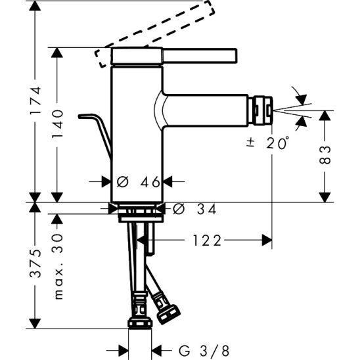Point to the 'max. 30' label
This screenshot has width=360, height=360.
coord(60,266)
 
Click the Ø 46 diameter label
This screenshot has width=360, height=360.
coord(138,182)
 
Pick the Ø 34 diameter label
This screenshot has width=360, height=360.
coord(194,209)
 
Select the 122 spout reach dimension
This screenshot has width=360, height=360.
coord(208,240)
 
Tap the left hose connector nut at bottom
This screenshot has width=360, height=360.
coord(140,316)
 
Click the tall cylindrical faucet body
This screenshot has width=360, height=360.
coord(136,131)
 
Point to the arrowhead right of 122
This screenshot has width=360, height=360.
coord(266,240)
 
